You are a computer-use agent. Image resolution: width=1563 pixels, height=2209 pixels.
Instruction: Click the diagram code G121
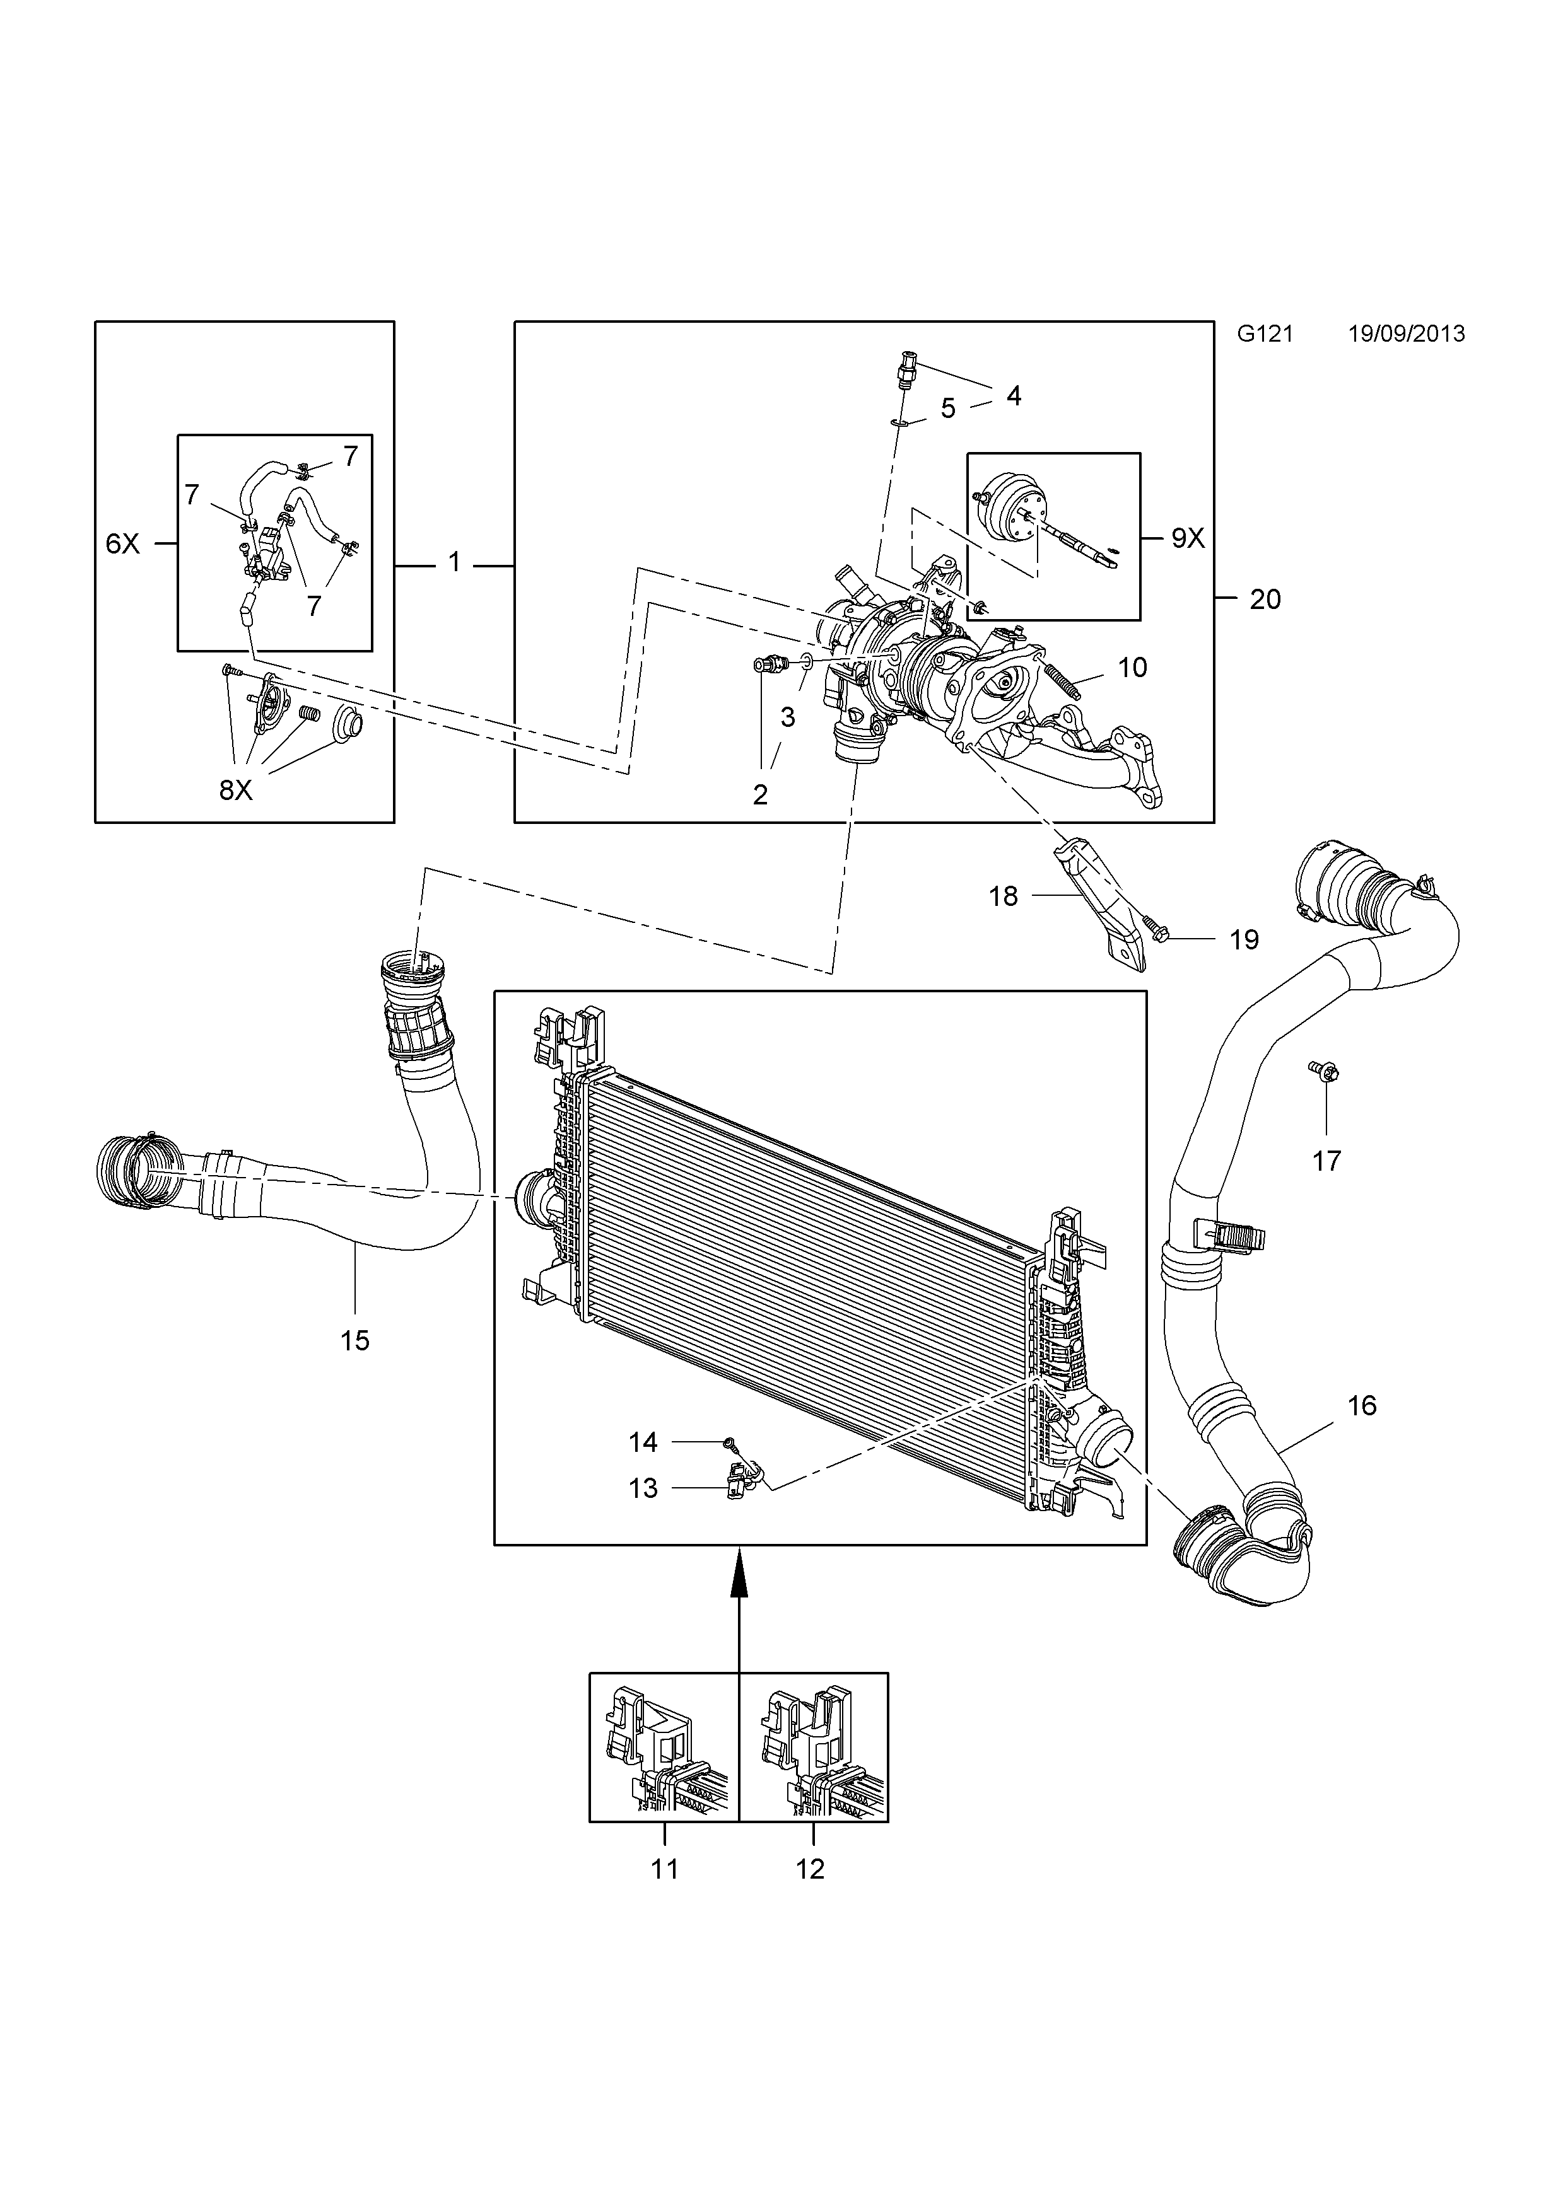coord(1265,334)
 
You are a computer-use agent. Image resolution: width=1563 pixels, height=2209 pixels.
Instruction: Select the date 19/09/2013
coord(1406,334)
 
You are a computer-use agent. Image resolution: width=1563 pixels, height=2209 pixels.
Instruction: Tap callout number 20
coord(1265,600)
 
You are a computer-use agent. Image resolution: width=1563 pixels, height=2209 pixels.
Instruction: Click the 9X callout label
coord(1188,539)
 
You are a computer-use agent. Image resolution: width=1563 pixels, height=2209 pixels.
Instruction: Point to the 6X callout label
coord(122,545)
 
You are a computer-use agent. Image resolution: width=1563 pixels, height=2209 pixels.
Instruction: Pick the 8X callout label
coord(236,791)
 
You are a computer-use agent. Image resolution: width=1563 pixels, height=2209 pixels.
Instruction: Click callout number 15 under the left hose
coord(354,1341)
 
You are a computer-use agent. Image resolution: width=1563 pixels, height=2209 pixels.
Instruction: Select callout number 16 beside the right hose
coord(1362,1406)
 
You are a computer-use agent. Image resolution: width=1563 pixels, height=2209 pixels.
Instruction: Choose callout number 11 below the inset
coord(665,1869)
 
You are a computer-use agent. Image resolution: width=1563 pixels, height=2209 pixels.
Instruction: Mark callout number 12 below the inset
coord(811,1869)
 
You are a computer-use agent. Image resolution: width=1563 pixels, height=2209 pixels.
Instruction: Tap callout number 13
coord(643,1488)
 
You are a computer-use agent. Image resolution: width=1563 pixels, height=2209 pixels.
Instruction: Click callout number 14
coord(643,1442)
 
